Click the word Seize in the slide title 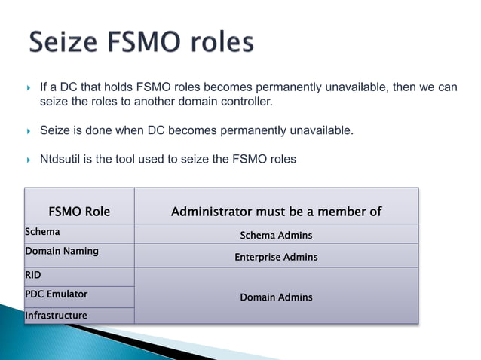click(63, 42)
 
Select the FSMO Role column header click(79, 212)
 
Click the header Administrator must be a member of click(276, 212)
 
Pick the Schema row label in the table click(43, 232)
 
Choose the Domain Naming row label click(62, 251)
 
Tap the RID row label click(33, 275)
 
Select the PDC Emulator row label click(57, 294)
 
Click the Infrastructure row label click(57, 315)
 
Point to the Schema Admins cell click(276, 236)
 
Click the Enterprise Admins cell click(276, 257)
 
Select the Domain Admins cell click(276, 297)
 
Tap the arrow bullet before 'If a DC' click(29, 87)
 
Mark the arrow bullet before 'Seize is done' click(29, 130)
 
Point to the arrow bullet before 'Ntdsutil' click(29, 159)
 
